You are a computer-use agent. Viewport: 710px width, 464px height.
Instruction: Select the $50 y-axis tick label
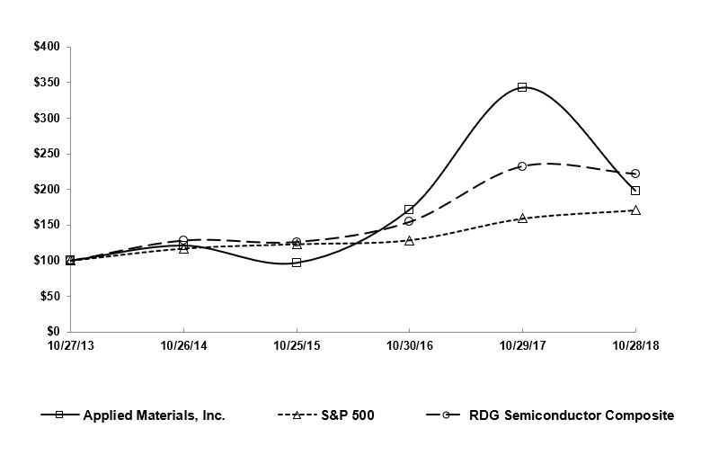tap(49, 296)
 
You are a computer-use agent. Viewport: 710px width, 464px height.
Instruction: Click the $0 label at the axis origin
tap(53, 332)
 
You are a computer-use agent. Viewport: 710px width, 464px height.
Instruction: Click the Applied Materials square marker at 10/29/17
tap(522, 87)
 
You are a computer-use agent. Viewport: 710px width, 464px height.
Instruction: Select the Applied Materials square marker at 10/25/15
tap(297, 263)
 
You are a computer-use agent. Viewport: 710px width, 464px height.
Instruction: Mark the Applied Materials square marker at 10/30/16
tap(410, 210)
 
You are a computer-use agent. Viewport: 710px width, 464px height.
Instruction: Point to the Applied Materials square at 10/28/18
tap(635, 191)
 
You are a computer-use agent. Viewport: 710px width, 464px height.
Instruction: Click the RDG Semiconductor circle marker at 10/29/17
tap(522, 166)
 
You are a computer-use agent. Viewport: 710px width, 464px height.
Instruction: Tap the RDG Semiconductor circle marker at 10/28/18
tap(635, 174)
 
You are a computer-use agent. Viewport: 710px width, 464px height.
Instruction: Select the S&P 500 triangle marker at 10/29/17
tap(522, 219)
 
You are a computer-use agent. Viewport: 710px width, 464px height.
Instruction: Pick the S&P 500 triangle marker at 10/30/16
tap(410, 241)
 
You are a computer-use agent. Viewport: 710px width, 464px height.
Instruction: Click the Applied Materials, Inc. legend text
tap(154, 415)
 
